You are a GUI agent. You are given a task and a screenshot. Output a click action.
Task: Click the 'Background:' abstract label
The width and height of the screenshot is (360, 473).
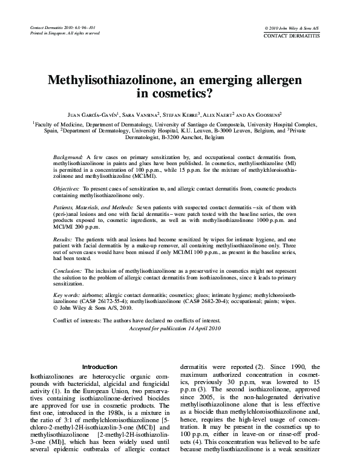[x=68, y=157]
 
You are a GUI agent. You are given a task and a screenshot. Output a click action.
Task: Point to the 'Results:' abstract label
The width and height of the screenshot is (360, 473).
[x=63, y=240]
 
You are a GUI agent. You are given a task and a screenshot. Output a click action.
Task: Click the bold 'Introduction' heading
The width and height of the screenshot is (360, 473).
[x=99, y=367]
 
